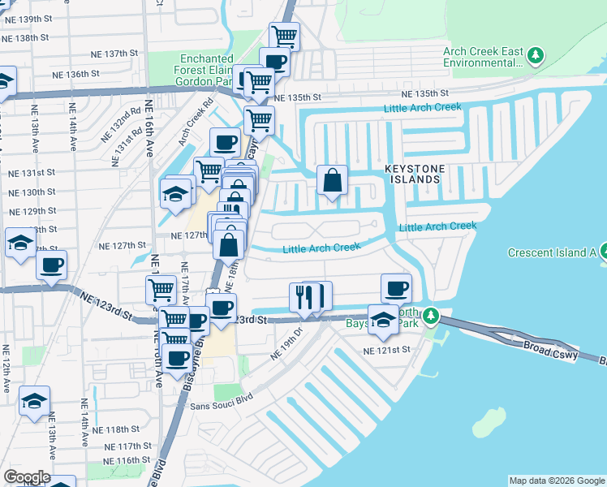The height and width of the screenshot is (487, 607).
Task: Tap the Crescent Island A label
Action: point(552,252)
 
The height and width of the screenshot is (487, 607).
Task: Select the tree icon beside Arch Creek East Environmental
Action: point(535,55)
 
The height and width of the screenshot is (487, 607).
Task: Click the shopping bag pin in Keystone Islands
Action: point(333,181)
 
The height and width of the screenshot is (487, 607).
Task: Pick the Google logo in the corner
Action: point(26,477)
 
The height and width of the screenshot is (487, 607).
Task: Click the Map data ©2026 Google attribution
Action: point(556,481)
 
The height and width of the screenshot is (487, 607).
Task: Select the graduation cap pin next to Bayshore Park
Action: point(384,320)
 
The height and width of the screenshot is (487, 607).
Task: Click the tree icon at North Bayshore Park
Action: point(433,316)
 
